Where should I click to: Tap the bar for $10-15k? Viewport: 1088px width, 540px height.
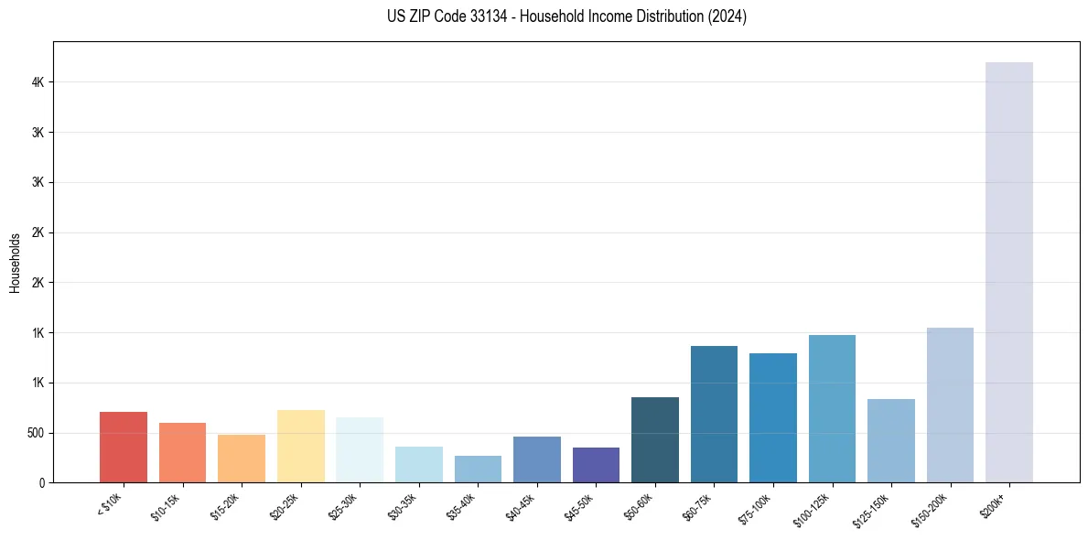tap(182, 452)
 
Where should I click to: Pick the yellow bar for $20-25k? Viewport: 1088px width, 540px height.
tap(300, 446)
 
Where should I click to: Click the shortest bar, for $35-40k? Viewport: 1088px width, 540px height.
tap(478, 469)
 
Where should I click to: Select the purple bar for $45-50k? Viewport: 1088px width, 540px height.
tap(596, 465)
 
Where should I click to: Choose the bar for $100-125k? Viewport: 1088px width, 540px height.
tap(832, 408)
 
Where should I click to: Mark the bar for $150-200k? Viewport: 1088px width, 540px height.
tap(950, 405)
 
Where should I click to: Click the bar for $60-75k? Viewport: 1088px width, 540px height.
tap(714, 414)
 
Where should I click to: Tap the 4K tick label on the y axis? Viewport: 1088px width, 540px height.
tap(38, 82)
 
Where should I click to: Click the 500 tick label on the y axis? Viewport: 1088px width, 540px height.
tap(34, 433)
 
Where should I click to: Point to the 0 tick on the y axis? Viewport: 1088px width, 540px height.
tap(41, 482)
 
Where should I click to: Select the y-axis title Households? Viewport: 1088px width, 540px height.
tap(16, 263)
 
